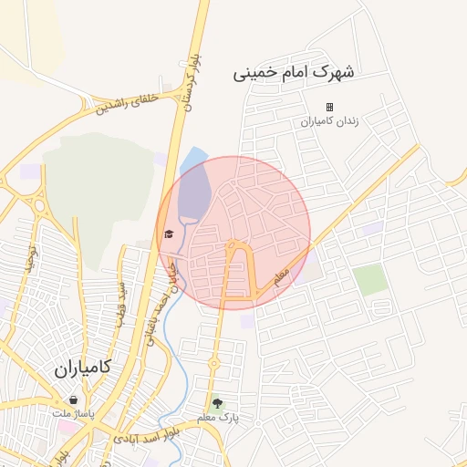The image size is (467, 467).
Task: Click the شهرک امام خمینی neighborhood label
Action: pyautogui.click(x=296, y=71)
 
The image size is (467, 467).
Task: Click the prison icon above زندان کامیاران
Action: pyautogui.click(x=330, y=107)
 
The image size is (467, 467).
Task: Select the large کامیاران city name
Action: pyautogui.click(x=81, y=368)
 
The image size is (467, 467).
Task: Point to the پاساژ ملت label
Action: pyautogui.click(x=72, y=413)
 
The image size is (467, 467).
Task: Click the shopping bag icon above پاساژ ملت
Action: pyautogui.click(x=73, y=400)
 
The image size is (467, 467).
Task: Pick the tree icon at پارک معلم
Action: pyautogui.click(x=217, y=403)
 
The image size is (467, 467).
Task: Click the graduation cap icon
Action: pyautogui.click(x=168, y=234)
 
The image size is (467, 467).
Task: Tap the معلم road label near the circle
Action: pyautogui.click(x=281, y=273)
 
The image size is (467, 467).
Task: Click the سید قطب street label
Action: pyautogui.click(x=119, y=301)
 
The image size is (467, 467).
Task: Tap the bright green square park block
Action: pyautogui.click(x=370, y=279)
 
